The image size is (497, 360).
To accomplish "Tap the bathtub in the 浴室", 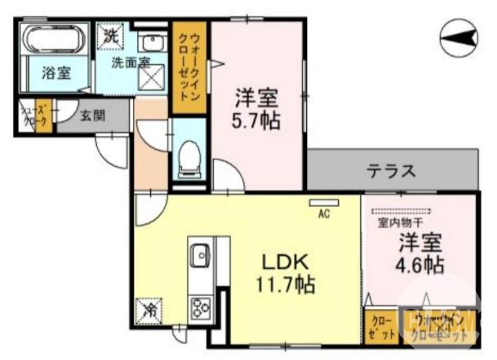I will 53,40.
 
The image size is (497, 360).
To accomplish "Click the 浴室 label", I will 55,73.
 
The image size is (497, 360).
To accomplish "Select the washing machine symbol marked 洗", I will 110,36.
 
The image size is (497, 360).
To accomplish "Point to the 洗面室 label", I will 130,62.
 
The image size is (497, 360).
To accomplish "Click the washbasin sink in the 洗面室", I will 152,43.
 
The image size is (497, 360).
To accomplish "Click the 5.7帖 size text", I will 257,120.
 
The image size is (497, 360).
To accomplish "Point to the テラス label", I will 391,170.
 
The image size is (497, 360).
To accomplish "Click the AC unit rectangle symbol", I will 324,202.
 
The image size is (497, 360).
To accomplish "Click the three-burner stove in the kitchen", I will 201,307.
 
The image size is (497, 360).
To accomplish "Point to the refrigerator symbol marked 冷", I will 149,308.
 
